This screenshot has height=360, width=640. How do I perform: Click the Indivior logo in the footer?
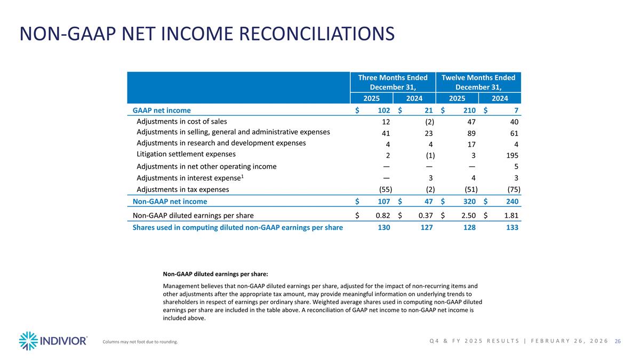[x=53, y=340]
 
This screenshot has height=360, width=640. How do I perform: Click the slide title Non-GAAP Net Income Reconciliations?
[x=207, y=34]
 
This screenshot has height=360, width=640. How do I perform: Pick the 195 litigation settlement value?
[x=512, y=155]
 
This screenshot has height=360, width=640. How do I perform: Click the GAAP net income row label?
[x=162, y=110]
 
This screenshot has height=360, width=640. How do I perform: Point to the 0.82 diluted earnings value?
[x=381, y=215]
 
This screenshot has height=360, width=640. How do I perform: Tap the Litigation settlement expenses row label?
[x=186, y=154]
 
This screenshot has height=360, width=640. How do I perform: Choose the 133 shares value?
[x=512, y=227]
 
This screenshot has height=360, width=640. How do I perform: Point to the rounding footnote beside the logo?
[x=140, y=342]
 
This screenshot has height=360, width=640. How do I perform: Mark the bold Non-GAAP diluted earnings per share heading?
[x=215, y=274]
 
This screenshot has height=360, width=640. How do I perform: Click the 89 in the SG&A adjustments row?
[x=471, y=132]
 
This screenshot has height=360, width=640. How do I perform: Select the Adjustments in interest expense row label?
[x=190, y=178]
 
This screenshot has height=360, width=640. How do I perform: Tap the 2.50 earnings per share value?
[x=468, y=215]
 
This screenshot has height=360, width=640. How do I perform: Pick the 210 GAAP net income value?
[x=469, y=110]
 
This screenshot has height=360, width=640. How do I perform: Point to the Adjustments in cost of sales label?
[x=182, y=121]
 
